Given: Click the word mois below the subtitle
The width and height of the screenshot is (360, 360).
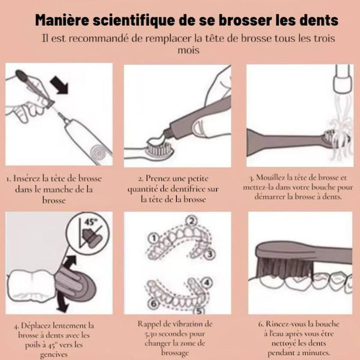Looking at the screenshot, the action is (188, 50).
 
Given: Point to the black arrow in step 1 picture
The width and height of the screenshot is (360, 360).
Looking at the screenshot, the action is (59, 85).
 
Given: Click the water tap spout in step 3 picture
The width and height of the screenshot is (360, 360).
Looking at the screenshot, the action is (342, 79).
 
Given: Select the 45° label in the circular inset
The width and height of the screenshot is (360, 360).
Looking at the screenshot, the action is (91, 223).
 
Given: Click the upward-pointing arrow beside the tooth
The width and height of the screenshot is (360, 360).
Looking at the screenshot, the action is (70, 262).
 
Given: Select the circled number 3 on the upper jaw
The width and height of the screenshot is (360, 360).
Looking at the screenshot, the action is (209, 254).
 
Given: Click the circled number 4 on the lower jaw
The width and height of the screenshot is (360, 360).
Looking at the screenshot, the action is (207, 283).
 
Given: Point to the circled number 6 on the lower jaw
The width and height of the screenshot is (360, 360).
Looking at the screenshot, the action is (154, 304).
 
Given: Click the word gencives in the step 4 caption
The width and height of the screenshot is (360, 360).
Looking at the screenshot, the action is (54, 354).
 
